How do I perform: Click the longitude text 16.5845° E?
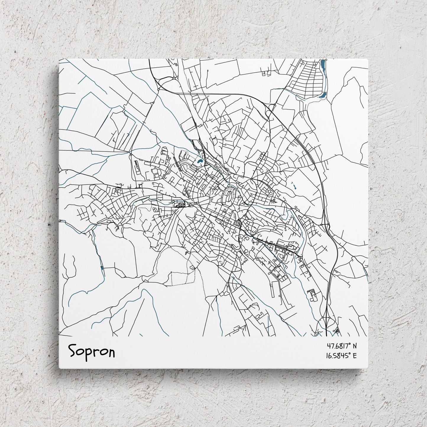coord(341,355)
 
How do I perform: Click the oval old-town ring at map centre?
coord(229,196)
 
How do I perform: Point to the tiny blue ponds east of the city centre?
coord(294,185)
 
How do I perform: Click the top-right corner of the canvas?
coord(368,59)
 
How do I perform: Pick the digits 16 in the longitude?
coord(329,355)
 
